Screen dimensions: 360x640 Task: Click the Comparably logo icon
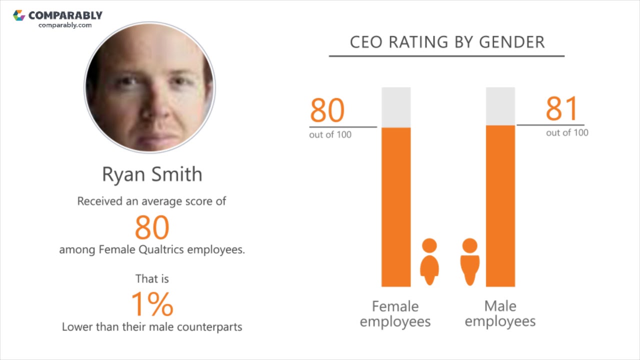[19, 15]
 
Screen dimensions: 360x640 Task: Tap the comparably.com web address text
[65, 25]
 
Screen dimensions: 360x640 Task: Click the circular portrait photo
[149, 87]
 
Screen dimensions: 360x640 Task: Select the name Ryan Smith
[152, 174]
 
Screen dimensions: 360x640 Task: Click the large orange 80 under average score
[152, 227]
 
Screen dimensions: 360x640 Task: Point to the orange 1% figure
[152, 304]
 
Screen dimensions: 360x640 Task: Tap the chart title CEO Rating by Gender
[447, 42]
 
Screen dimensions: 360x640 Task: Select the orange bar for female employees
[396, 207]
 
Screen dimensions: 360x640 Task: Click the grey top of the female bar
[396, 107]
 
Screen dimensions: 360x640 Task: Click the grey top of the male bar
[500, 106]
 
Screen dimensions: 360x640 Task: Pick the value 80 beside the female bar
[327, 110]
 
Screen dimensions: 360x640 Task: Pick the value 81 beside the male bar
[562, 109]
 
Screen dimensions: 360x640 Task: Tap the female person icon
[429, 261]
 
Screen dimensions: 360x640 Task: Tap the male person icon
[469, 261]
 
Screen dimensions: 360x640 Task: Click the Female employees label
[395, 313]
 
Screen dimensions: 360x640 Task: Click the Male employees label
[500, 313]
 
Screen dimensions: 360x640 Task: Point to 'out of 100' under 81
[567, 132]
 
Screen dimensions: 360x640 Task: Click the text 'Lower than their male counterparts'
[152, 327]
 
